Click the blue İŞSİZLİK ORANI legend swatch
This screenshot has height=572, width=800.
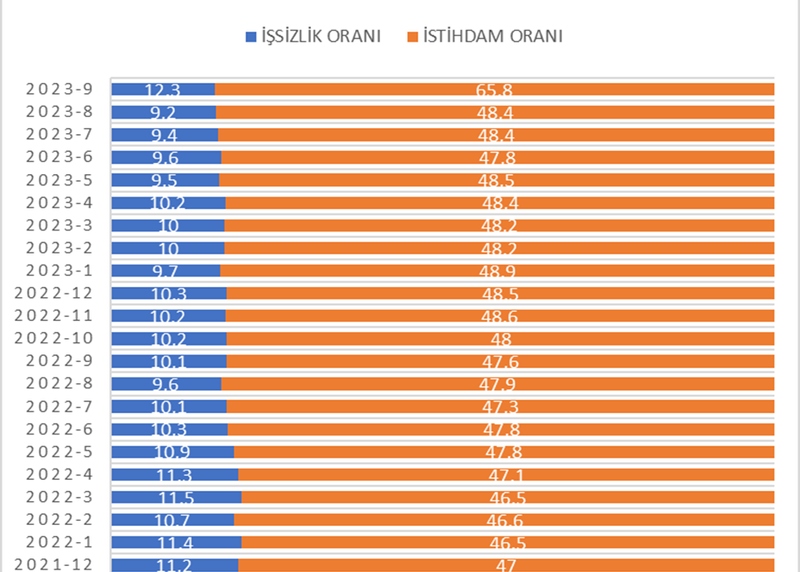point(251,37)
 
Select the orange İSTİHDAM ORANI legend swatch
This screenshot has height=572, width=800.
point(412,37)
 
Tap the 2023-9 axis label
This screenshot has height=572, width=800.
point(58,89)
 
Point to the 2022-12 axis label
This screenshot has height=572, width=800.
point(53,293)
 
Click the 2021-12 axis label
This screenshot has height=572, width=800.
point(53,564)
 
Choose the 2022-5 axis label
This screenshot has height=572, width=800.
point(58,452)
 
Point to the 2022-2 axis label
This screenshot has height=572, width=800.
point(58,519)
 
